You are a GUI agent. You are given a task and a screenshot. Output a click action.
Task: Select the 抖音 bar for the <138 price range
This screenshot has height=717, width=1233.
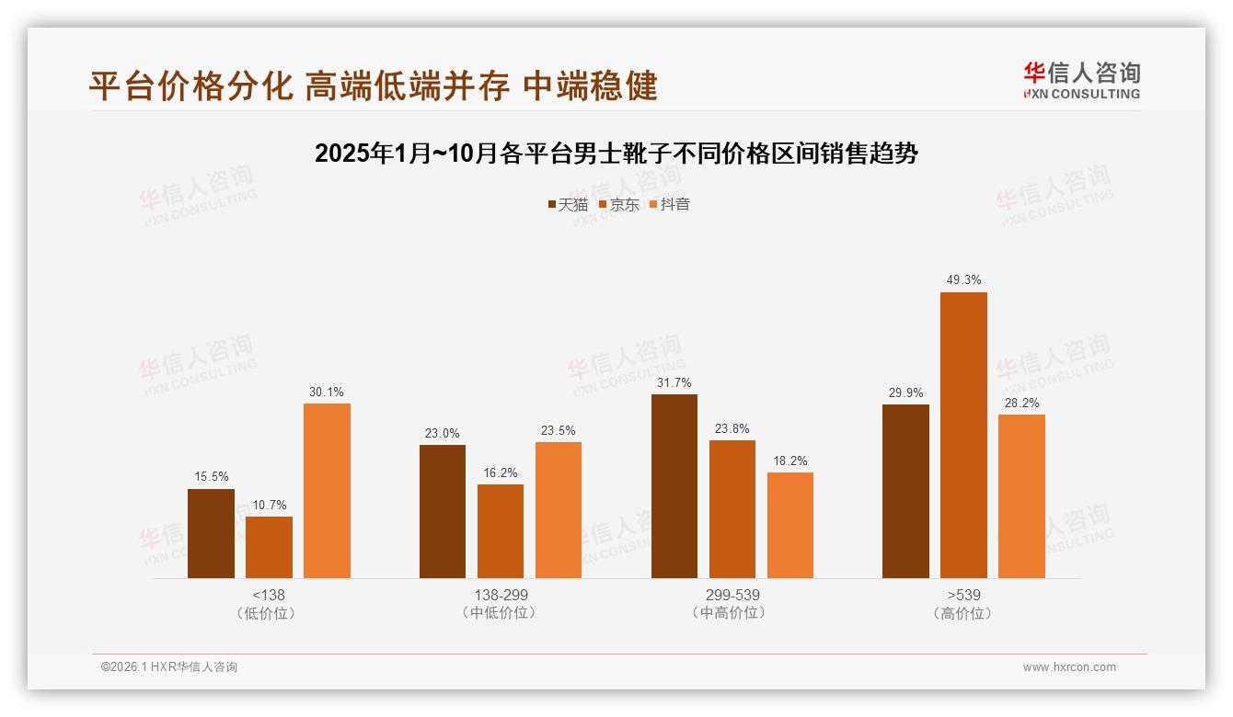(327, 491)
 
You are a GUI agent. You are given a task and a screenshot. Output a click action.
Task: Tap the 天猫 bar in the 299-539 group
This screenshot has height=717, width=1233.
(674, 486)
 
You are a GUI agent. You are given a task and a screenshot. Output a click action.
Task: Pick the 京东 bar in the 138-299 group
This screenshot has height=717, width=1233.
(501, 531)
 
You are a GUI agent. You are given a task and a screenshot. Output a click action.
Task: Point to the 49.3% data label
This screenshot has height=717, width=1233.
(963, 279)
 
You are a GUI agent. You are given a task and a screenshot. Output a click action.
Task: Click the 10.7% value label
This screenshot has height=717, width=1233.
(269, 505)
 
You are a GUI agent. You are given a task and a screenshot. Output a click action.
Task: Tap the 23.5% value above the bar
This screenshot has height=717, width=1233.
(559, 430)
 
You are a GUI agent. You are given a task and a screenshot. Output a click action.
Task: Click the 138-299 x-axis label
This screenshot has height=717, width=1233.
(501, 595)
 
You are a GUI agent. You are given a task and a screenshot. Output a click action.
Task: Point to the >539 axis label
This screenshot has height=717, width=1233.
(963, 595)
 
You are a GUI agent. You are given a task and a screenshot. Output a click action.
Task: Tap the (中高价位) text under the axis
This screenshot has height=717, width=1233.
(732, 612)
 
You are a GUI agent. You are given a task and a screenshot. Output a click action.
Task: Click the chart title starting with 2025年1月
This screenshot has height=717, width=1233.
(616, 153)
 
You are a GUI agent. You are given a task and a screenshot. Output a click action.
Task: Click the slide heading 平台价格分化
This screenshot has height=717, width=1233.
(373, 85)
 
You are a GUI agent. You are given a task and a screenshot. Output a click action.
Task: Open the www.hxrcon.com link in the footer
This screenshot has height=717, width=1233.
(1069, 667)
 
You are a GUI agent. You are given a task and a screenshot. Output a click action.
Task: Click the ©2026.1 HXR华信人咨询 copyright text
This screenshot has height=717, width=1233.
(169, 667)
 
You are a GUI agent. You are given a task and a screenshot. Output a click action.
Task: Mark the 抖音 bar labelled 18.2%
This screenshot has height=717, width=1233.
(790, 525)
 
